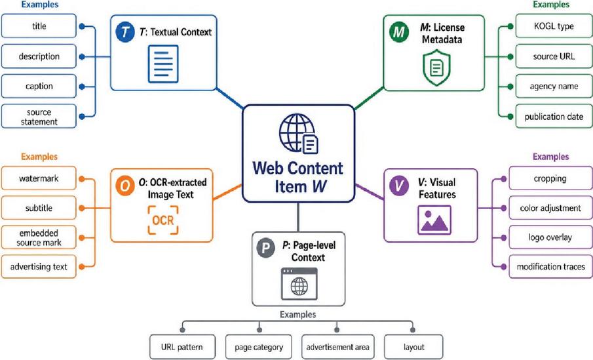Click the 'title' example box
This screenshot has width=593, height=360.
tap(39, 26)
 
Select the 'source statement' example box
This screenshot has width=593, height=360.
tap(39, 117)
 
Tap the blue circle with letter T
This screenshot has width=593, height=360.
tap(125, 31)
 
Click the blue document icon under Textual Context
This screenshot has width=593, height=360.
tap(163, 64)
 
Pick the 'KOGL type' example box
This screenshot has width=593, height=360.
tap(554, 26)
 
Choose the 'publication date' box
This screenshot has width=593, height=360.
tap(554, 117)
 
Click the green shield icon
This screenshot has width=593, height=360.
tap(436, 68)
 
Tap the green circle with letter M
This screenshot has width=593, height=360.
tap(398, 31)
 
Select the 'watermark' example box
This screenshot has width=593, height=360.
tap(39, 178)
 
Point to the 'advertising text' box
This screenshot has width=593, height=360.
tap(39, 267)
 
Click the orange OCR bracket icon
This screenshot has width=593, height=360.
tap(163, 220)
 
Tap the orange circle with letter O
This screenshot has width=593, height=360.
tap(125, 186)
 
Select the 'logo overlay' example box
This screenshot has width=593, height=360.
tap(550, 237)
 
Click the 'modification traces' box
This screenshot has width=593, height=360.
tap(550, 267)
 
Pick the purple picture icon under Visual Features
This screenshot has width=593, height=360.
tap(434, 220)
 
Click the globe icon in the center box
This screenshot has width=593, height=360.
tap(297, 132)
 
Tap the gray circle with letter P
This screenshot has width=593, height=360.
tap(266, 249)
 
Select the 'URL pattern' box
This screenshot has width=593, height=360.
tap(182, 347)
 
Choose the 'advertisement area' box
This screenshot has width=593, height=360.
tap(337, 347)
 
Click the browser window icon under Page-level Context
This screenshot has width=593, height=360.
tap(299, 284)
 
